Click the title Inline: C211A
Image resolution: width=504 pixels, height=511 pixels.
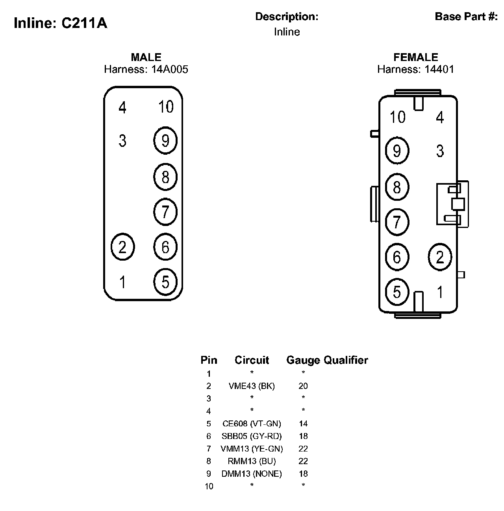tap(60, 23)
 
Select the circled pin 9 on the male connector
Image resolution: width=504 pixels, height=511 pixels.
tap(165, 141)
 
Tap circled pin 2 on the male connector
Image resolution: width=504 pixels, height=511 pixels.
tap(123, 247)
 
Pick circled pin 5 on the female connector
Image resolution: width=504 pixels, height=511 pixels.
tap(397, 292)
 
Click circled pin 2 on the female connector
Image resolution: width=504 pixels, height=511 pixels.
tap(440, 257)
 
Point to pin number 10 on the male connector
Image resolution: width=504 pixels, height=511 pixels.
tap(166, 107)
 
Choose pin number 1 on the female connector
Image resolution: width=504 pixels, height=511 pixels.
tap(440, 292)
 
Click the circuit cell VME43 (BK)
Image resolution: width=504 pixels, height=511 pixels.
tap(252, 386)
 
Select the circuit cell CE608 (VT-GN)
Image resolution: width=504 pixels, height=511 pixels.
tap(252, 424)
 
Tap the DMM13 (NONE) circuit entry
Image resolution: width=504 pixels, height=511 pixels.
tap(252, 474)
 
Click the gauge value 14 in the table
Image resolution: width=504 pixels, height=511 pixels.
tap(303, 424)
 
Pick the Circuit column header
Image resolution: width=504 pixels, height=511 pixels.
tap(252, 360)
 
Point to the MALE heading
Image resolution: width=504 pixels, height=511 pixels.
tap(146, 57)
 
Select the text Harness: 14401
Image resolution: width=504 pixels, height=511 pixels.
tap(415, 70)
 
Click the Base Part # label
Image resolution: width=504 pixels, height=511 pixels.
tap(466, 17)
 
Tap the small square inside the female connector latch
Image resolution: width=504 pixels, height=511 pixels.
tap(458, 204)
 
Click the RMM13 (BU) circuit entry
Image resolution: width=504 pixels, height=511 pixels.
tap(252, 461)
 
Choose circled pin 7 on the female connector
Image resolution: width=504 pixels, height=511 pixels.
tap(397, 222)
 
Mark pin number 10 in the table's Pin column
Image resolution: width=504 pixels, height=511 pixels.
tap(209, 486)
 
